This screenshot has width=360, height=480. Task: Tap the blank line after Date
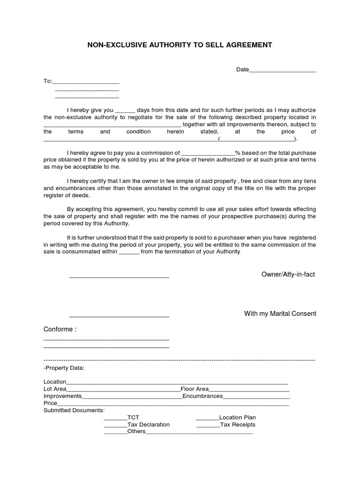[282, 70]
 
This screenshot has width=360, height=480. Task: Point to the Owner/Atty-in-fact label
[288, 274]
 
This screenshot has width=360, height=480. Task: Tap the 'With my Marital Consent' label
[280, 314]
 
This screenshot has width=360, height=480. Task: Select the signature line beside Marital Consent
[119, 316]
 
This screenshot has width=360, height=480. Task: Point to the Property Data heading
[64, 368]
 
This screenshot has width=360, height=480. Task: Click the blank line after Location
[177, 383]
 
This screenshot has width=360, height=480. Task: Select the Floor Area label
[195, 389]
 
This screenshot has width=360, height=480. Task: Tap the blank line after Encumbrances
[256, 397]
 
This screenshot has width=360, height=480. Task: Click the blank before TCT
[115, 419]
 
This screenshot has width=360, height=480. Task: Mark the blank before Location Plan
[207, 419]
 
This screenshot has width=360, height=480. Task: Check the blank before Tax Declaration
[115, 426]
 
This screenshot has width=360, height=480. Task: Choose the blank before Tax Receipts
[208, 426]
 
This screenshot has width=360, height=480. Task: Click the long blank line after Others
[199, 433]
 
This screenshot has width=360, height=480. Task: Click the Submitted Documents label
[74, 411]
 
